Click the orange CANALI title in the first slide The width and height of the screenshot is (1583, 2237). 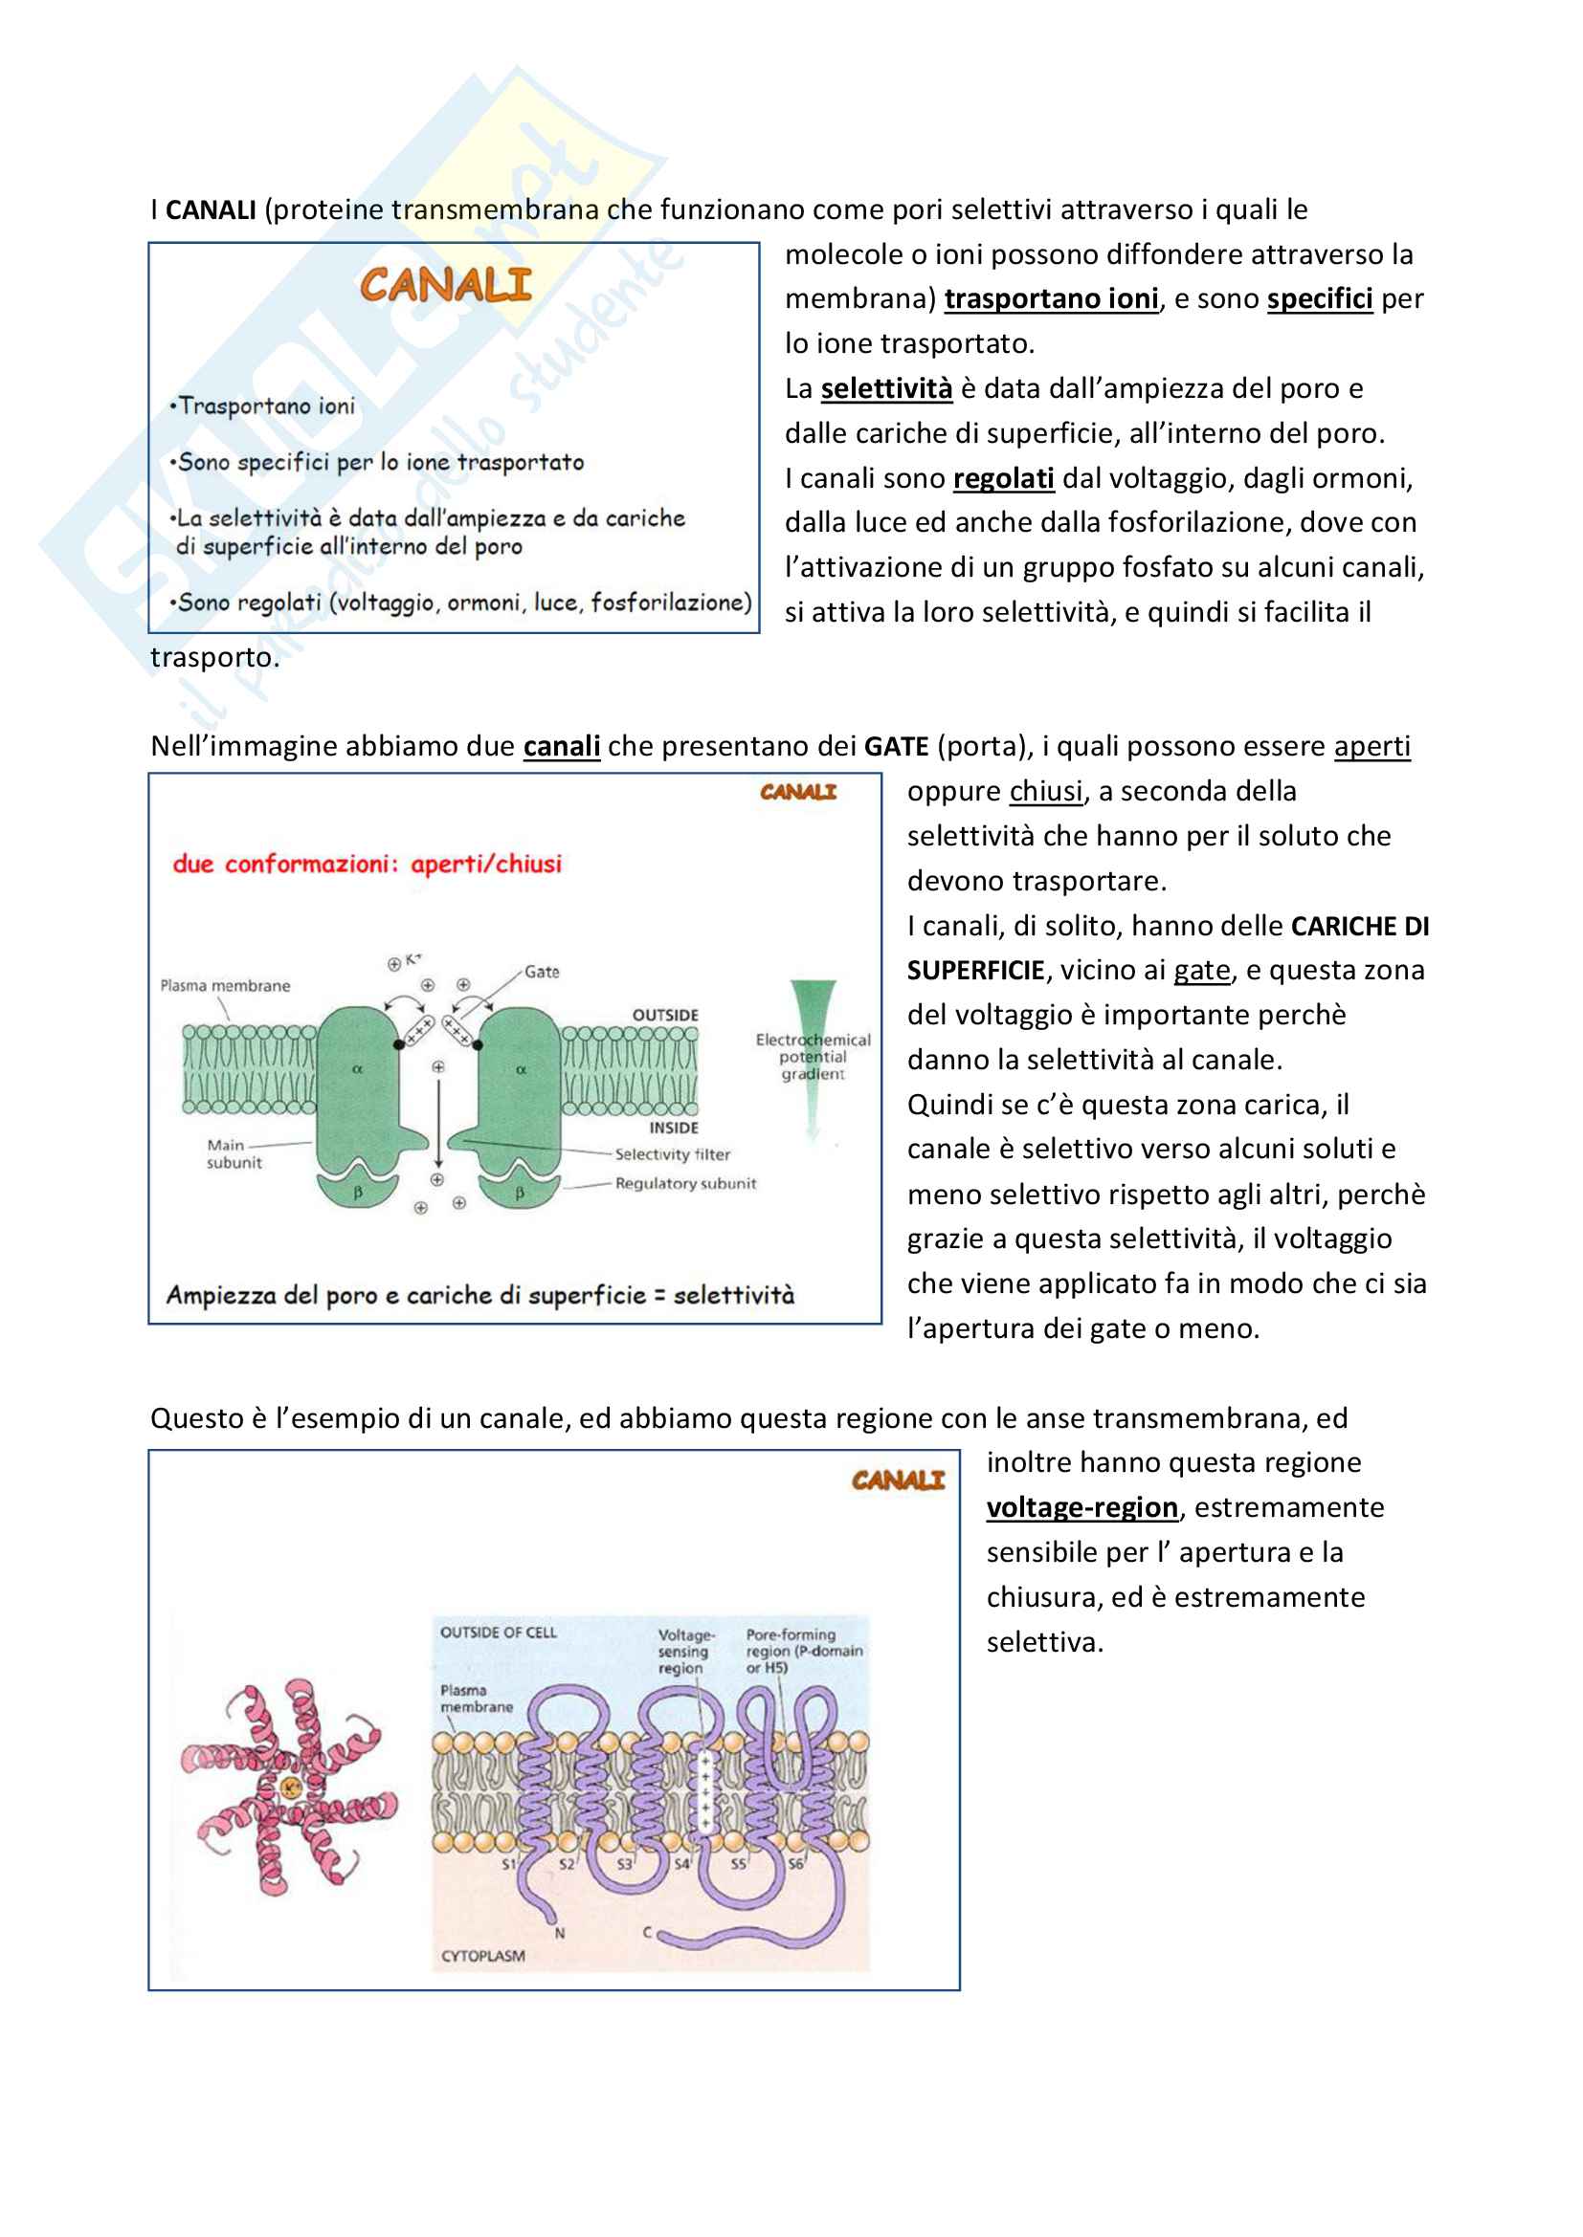click(445, 285)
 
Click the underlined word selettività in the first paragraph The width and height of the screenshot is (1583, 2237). click(885, 388)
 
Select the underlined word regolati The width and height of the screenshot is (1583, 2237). click(1003, 478)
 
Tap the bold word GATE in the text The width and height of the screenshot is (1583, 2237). click(896, 746)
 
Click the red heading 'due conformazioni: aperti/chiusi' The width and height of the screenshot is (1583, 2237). click(367, 865)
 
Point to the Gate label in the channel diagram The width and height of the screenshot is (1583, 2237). click(541, 972)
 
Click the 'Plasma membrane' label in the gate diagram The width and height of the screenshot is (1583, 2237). click(225, 986)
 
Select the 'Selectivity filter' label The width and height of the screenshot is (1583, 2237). click(672, 1154)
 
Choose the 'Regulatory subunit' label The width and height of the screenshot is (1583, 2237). click(685, 1184)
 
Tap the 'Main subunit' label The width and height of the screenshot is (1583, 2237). click(234, 1153)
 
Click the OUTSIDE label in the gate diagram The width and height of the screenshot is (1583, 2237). click(665, 1016)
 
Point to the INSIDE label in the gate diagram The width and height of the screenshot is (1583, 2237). click(674, 1128)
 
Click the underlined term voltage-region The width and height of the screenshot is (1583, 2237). click(1082, 1507)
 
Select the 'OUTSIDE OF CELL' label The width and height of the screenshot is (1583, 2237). click(498, 1632)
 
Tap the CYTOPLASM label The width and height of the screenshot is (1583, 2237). click(482, 1956)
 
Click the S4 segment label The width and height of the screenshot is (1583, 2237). click(682, 1864)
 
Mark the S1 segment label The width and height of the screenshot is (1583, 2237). click(509, 1864)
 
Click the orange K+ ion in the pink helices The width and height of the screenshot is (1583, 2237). click(289, 1787)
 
